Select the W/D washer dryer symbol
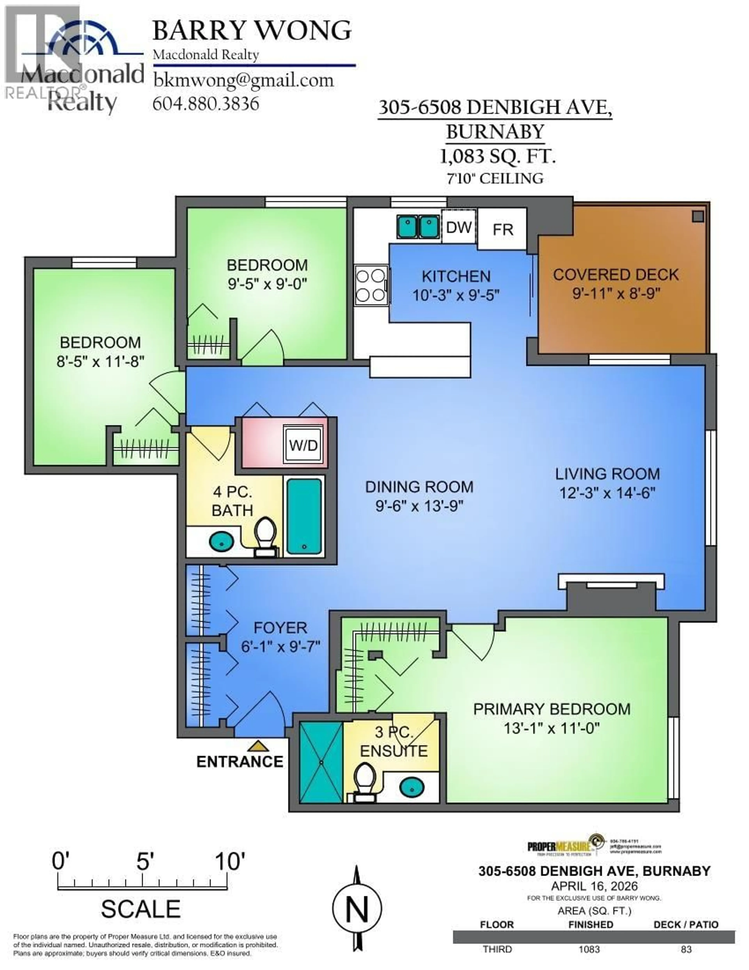304,444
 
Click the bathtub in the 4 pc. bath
304,516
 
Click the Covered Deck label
615,274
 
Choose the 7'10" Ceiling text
495,178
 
